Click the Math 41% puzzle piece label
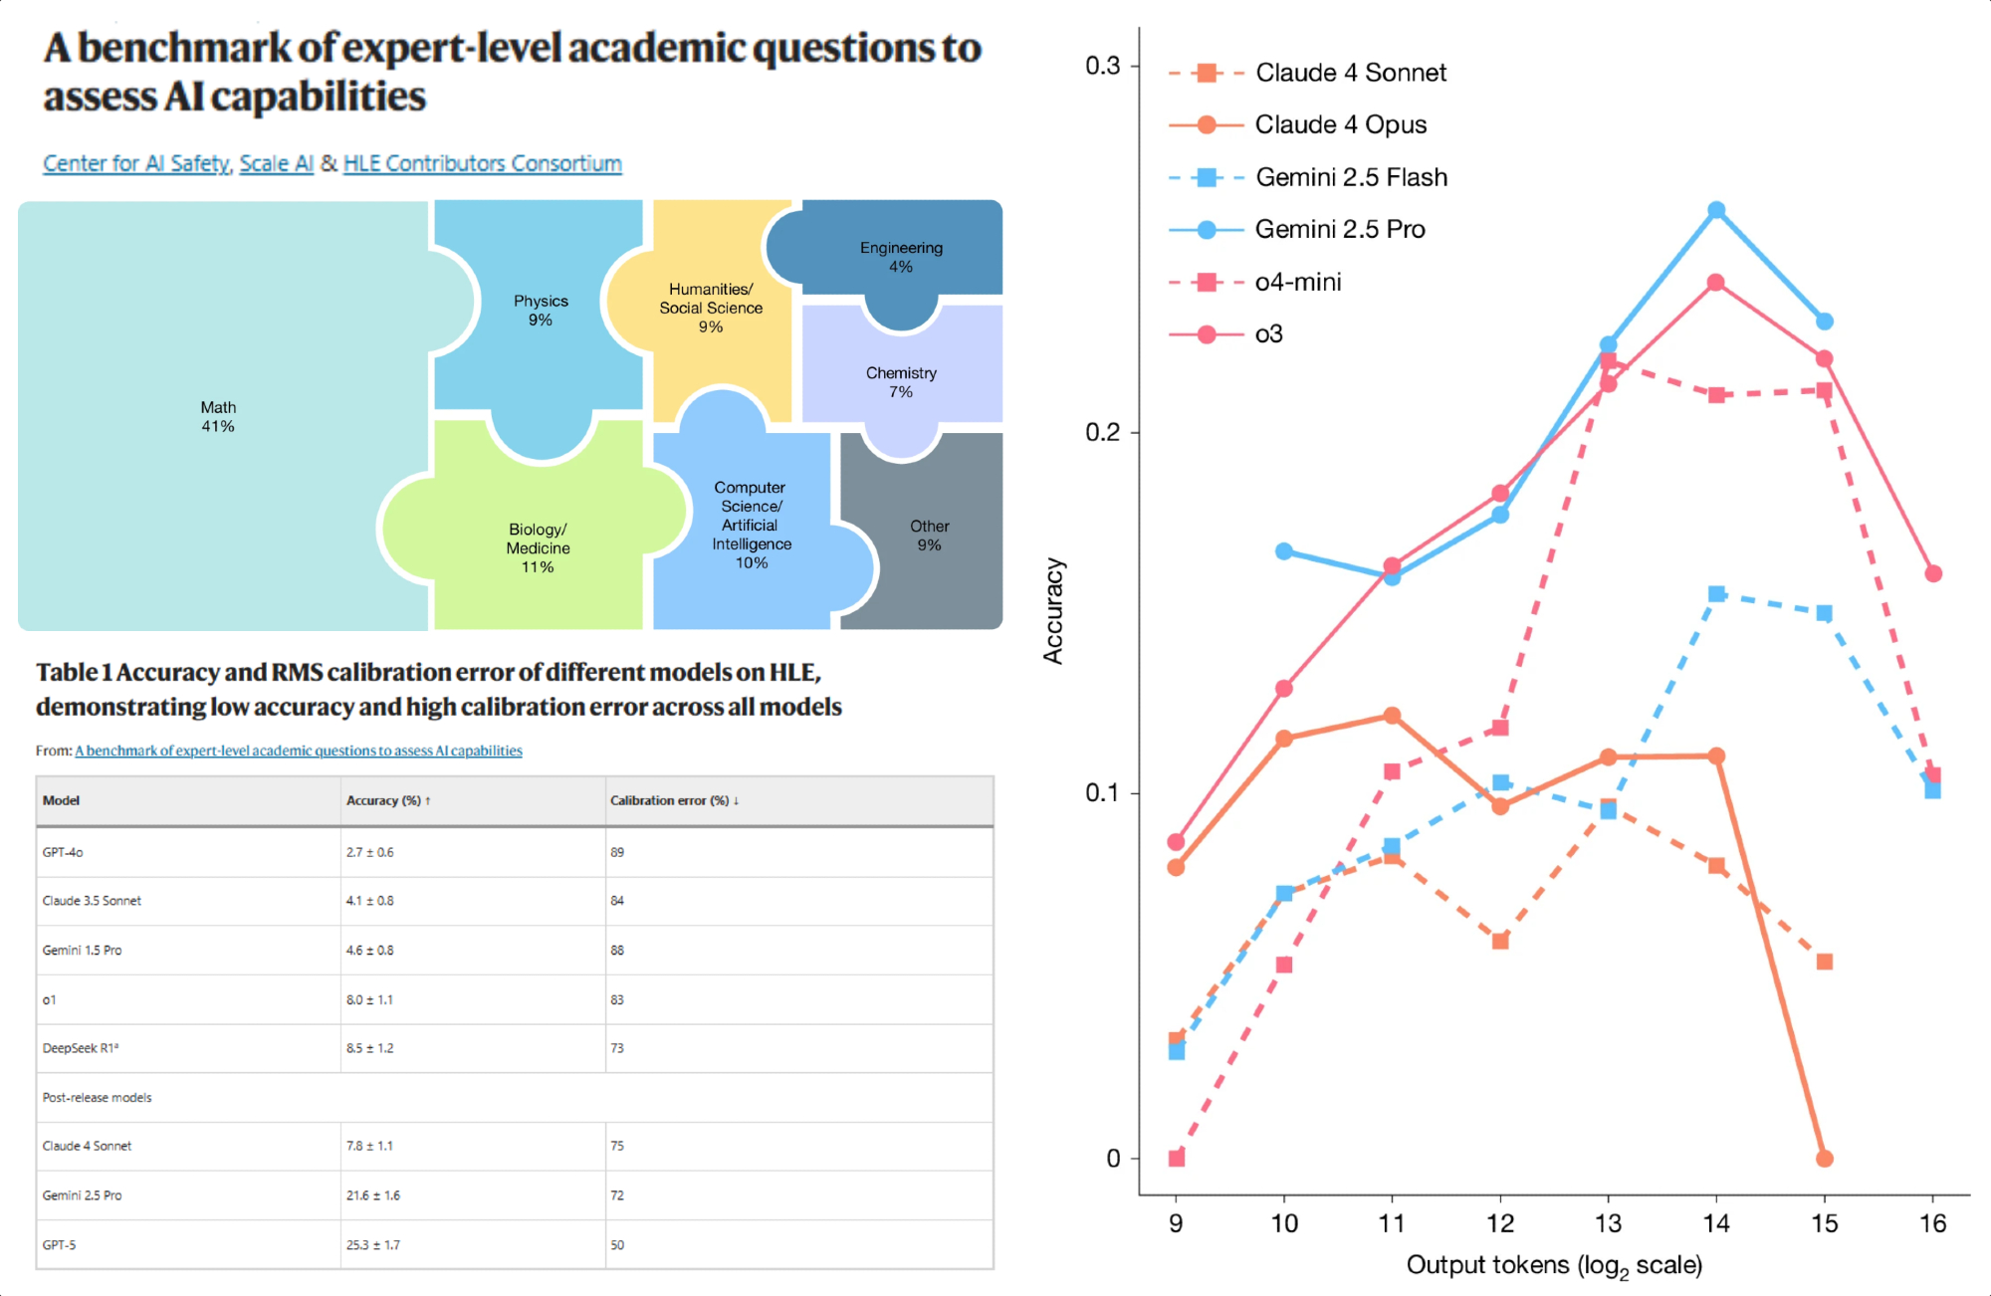click(218, 417)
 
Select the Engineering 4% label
click(901, 257)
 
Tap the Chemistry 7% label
click(901, 382)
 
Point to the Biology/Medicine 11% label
click(538, 547)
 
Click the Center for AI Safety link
click(136, 163)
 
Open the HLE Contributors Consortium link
click(482, 163)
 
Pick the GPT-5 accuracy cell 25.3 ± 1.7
click(373, 1244)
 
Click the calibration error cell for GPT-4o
click(617, 852)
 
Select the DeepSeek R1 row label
click(80, 1048)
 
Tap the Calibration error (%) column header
click(674, 800)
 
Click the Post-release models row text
click(97, 1097)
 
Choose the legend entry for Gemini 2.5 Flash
click(1351, 177)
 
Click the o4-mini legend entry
click(1297, 282)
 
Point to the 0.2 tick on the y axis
click(1102, 432)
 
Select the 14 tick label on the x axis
click(1716, 1223)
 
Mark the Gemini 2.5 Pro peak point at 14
click(1716, 210)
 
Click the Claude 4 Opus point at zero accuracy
click(1824, 1158)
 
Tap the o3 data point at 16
click(1932, 573)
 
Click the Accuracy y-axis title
click(1053, 610)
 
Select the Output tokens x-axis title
click(1553, 1265)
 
